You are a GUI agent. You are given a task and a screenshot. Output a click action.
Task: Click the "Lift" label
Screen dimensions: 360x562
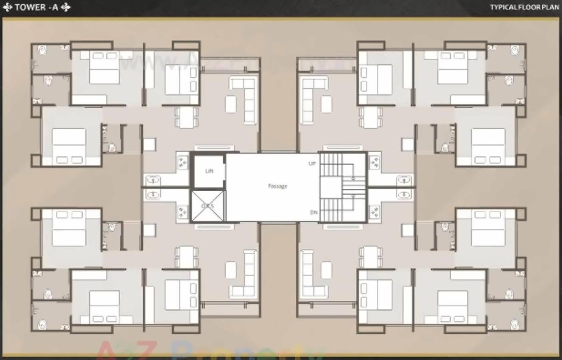pyautogui.click(x=209, y=171)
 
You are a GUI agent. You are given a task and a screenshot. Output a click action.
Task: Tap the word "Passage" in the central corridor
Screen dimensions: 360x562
pyautogui.click(x=278, y=186)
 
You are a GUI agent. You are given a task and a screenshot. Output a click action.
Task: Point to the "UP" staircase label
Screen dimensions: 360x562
pyautogui.click(x=312, y=164)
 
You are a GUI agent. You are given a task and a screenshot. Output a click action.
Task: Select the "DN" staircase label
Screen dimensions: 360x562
pyautogui.click(x=314, y=213)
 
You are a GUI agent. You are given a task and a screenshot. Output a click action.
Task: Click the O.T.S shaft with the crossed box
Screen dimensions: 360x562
pyautogui.click(x=208, y=206)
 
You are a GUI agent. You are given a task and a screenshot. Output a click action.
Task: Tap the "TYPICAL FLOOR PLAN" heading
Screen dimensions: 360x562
pyautogui.click(x=524, y=7)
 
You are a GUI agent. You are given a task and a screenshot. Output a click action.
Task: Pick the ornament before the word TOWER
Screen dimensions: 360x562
pyautogui.click(x=7, y=7)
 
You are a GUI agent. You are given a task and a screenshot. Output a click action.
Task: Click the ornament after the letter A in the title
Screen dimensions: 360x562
pyautogui.click(x=66, y=7)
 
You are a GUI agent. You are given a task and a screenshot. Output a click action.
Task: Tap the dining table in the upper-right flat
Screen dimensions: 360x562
pyautogui.click(x=370, y=117)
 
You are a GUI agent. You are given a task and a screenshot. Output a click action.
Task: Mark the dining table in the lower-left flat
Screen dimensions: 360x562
pyautogui.click(x=186, y=257)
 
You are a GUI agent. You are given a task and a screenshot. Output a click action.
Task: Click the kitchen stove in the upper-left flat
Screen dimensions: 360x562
pyautogui.click(x=182, y=161)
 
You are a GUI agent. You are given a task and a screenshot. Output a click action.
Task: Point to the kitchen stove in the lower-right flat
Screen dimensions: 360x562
pyautogui.click(x=374, y=212)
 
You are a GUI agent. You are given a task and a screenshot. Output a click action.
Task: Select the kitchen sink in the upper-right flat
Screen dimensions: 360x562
pyautogui.click(x=404, y=180)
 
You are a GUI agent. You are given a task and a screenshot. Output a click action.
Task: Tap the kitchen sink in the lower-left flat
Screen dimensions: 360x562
pyautogui.click(x=153, y=194)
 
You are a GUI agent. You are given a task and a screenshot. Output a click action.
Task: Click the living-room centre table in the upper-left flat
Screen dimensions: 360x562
pyautogui.click(x=230, y=104)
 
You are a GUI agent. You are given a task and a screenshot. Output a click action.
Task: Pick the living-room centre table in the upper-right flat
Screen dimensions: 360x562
pyautogui.click(x=326, y=104)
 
